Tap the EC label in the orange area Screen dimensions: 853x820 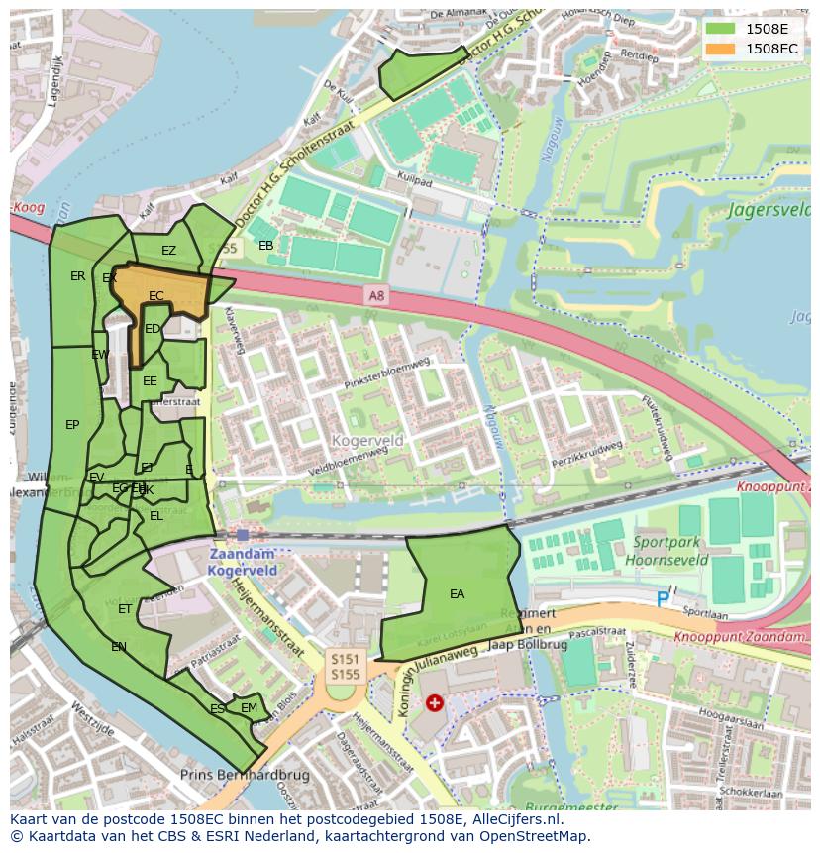coord(155,296)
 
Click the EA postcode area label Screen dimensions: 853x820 coord(457,594)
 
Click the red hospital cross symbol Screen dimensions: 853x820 coord(434,702)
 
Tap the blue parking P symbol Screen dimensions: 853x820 coord(663,598)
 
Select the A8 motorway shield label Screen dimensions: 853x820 coord(375,294)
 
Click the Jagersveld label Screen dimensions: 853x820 coord(768,210)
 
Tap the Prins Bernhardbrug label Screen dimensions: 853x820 coord(245,775)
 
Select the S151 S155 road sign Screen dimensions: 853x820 coord(345,666)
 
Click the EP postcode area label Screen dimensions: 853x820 coord(72,425)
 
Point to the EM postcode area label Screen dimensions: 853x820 coord(249,708)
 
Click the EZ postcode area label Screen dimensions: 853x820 coord(168,251)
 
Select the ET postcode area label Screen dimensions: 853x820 coord(125,609)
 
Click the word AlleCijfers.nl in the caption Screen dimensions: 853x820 coord(514,820)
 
